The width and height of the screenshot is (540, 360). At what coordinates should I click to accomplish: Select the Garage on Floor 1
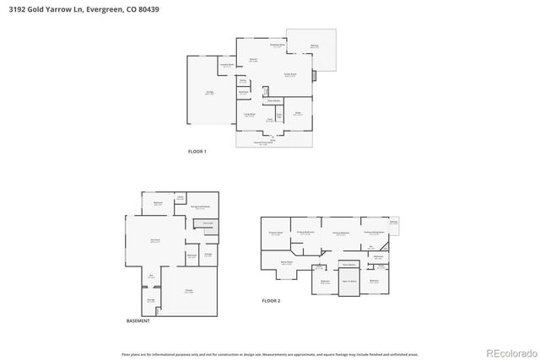pos(209,92)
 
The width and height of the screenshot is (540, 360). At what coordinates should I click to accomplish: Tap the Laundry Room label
pos(227,65)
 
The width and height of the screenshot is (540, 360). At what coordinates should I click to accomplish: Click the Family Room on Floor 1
pos(289,76)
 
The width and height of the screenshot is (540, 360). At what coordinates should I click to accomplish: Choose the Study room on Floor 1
pos(298,113)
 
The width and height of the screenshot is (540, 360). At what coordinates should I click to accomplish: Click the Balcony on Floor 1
pos(314,46)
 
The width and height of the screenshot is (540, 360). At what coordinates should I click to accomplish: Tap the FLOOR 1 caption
pos(197,152)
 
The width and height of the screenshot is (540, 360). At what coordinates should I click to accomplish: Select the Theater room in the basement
pos(189,291)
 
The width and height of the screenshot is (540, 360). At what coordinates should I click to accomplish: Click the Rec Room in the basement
pos(155,241)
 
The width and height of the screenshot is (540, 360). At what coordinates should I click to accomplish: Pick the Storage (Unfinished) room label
pos(200,207)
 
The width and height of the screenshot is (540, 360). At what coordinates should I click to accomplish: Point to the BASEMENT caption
pos(138,321)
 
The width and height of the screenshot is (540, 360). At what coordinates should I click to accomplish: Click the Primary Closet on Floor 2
pos(274,233)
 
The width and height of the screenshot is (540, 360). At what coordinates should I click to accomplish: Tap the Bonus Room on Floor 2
pos(287,263)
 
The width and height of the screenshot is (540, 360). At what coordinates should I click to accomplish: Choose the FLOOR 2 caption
pos(271,301)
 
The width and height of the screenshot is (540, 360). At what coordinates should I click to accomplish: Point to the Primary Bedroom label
pos(341,234)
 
